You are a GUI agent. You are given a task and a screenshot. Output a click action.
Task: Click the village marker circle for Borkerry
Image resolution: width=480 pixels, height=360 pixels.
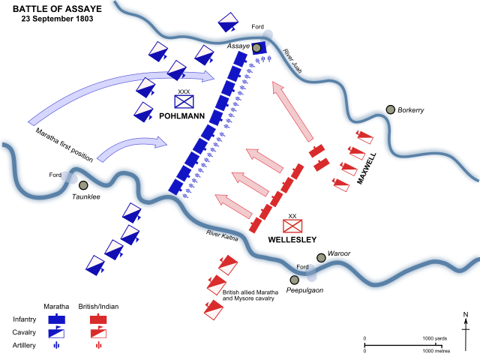pyautogui.click(x=391, y=109)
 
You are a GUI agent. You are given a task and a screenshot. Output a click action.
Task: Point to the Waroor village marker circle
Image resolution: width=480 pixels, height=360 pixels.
pyautogui.click(x=321, y=257)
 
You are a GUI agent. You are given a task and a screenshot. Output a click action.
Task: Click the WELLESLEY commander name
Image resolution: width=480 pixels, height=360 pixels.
pyautogui.click(x=292, y=240)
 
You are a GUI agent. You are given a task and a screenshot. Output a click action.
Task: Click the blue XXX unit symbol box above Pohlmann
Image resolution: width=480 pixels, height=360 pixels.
pyautogui.click(x=184, y=101)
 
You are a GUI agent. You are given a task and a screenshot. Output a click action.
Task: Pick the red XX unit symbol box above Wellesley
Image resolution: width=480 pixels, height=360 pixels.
pyautogui.click(x=292, y=225)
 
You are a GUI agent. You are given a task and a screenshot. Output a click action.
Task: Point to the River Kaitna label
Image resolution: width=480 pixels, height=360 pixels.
pyautogui.click(x=223, y=235)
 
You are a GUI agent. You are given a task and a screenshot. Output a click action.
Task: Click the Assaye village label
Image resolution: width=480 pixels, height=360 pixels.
pyautogui.click(x=238, y=46)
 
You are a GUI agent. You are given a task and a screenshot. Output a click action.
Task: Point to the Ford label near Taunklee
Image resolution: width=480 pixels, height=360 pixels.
pyautogui.click(x=55, y=175)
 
